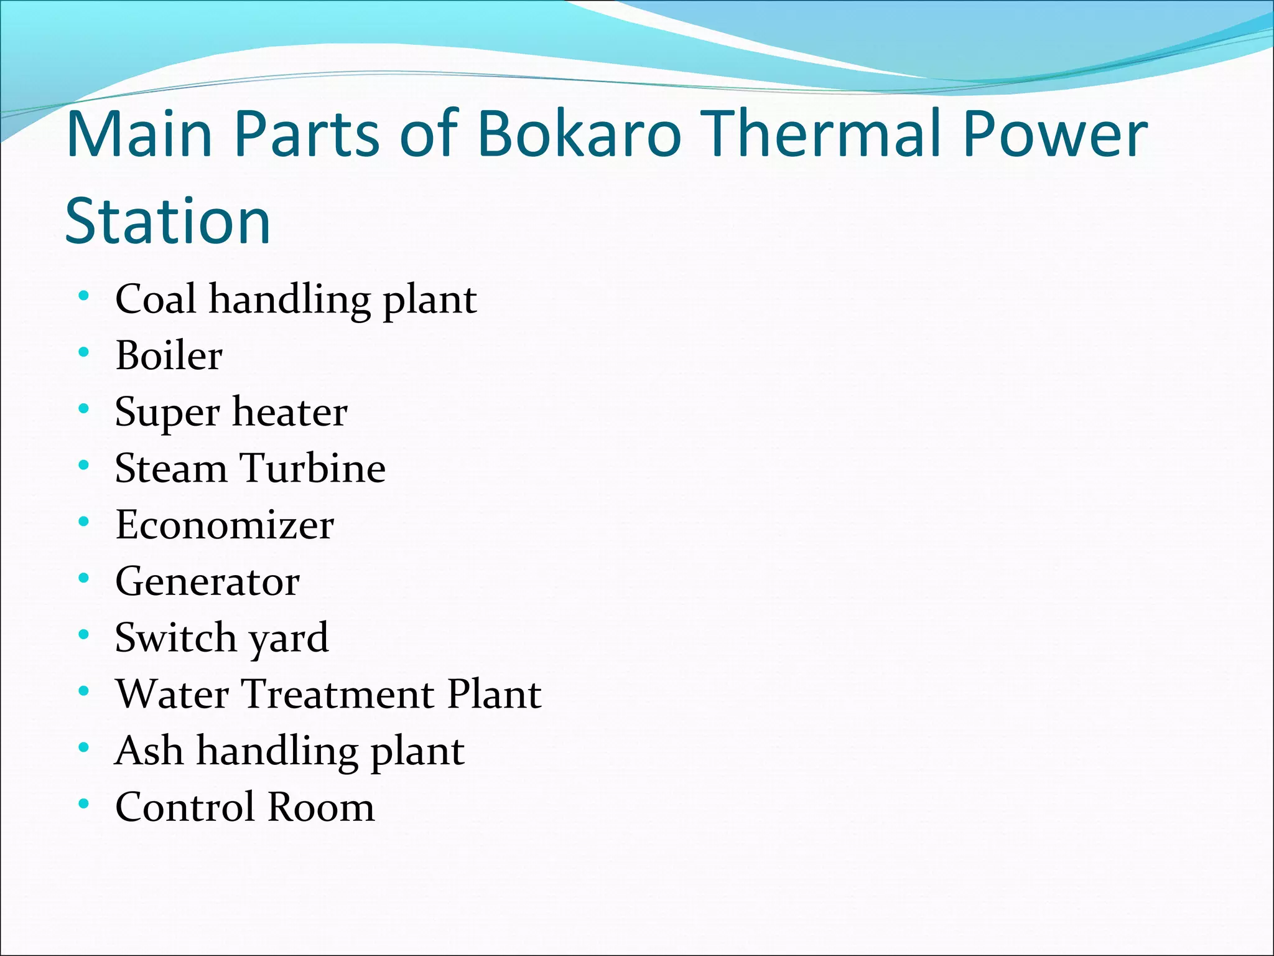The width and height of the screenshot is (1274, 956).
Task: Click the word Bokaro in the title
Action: (580, 134)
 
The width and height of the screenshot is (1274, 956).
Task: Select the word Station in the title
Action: (168, 221)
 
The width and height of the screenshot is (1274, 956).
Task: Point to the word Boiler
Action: (169, 355)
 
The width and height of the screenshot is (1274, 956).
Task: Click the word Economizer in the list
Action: (225, 525)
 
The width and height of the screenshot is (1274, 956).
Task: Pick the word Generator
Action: (208, 581)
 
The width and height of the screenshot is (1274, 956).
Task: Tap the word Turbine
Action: (313, 468)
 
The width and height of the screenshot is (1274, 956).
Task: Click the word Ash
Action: (149, 750)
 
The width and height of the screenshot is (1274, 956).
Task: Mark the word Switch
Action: (176, 637)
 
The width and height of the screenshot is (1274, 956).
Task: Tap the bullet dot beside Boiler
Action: (84, 353)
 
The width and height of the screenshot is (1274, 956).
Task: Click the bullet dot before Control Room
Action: (84, 804)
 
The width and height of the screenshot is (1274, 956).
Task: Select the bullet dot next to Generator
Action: (84, 579)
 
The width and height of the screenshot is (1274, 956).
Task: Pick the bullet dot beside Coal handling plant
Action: (84, 296)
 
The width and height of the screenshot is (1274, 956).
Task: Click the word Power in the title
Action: (1055, 134)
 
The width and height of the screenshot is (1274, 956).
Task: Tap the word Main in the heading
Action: (140, 134)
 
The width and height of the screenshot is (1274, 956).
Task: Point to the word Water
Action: (172, 694)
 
